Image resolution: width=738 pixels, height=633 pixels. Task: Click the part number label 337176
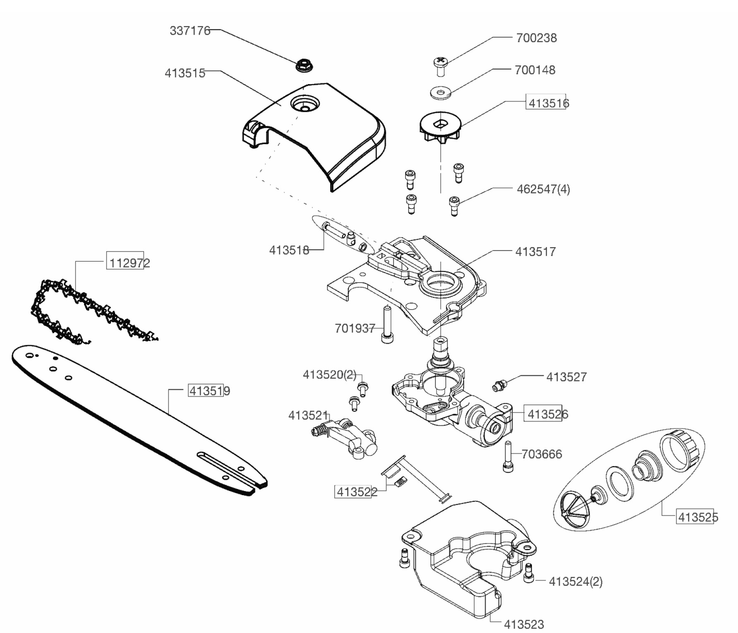point(190,31)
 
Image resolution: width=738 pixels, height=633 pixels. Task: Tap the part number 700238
point(536,38)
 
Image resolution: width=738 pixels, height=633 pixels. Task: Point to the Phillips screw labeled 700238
point(441,65)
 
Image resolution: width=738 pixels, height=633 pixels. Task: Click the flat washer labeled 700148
point(440,93)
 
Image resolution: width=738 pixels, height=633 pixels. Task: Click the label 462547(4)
point(543,190)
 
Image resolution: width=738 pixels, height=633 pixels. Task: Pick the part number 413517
point(536,252)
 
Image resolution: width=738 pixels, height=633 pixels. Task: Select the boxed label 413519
point(209,391)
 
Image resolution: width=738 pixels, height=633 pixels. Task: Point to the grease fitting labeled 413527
point(499,385)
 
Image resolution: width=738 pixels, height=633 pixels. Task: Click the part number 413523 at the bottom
point(524,624)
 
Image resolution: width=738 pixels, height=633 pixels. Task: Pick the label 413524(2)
point(576,582)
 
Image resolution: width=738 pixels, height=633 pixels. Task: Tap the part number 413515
point(185,73)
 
